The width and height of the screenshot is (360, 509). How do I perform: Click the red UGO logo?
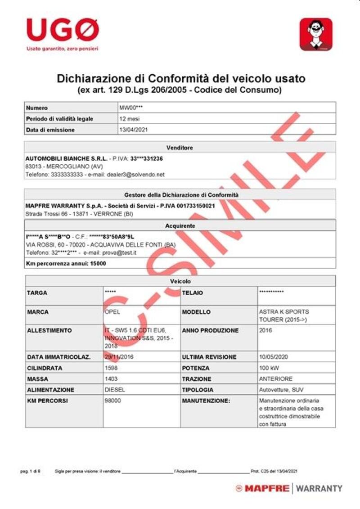pos(62,30)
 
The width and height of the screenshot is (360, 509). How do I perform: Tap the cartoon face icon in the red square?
pos(316,34)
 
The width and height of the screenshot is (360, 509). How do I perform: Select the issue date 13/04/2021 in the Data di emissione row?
pos(133,130)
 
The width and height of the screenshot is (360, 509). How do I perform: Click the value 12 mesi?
pos(129,119)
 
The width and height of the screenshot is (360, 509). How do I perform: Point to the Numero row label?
pos(37,108)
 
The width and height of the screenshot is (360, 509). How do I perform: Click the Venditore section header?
pos(180,148)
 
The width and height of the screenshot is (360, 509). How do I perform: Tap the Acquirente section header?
pos(180,225)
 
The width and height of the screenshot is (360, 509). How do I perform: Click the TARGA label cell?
pos(37,293)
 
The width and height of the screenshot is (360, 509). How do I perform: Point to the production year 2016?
pos(265,330)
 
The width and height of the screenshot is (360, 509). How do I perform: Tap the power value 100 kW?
pos(269,368)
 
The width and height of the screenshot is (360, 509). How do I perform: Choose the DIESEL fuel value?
pos(115,390)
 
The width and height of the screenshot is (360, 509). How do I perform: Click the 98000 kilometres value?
pos(112,401)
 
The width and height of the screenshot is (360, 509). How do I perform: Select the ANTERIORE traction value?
pos(276,379)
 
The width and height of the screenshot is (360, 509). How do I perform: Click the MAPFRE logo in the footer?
pos(262,488)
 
